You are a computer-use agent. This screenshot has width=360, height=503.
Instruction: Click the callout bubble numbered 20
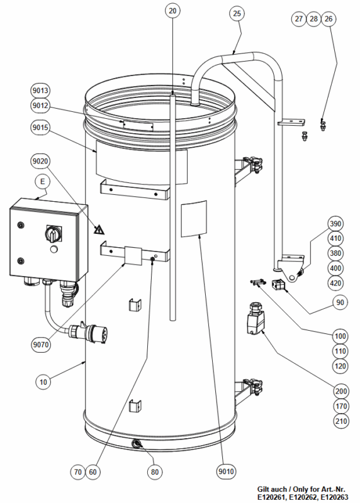tap(172, 11)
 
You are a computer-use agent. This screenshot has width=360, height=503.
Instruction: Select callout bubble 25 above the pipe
tap(237, 13)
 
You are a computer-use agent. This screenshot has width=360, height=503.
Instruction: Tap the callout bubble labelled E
tap(43, 182)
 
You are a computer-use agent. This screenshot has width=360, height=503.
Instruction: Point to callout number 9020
tap(40, 161)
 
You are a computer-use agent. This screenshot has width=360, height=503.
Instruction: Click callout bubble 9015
tap(40, 128)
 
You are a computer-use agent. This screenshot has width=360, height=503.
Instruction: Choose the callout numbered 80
tap(155, 472)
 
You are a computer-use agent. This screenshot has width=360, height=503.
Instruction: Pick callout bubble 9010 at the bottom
tap(226, 471)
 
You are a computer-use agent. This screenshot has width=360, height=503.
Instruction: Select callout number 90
tap(340, 302)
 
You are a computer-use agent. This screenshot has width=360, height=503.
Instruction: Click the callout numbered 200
tap(340, 391)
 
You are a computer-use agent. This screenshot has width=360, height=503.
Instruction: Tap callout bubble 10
tap(43, 382)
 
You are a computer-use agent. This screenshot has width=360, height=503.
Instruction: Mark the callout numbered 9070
tap(41, 345)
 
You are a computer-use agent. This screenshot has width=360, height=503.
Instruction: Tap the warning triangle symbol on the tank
tap(99, 229)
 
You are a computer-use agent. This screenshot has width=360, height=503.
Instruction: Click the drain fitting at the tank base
tap(137, 445)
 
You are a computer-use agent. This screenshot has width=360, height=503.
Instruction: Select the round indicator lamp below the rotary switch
tap(54, 249)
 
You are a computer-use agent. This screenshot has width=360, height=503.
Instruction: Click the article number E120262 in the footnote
tap(303, 497)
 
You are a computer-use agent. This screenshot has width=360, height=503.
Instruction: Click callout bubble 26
tap(329, 19)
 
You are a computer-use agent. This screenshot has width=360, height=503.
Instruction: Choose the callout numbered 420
tap(335, 284)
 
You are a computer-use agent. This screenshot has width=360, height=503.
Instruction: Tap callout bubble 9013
tap(40, 91)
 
